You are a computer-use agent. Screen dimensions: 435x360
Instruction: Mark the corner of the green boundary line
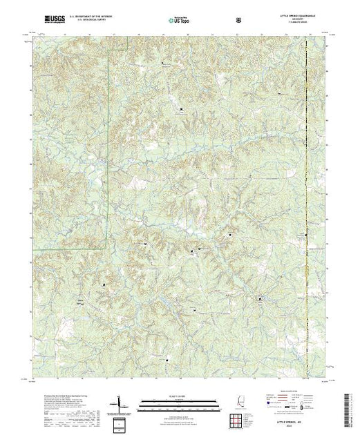[106, 247]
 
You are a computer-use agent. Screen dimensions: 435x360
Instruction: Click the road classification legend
[298, 403]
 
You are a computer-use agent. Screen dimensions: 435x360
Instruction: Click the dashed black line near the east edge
[307, 207]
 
